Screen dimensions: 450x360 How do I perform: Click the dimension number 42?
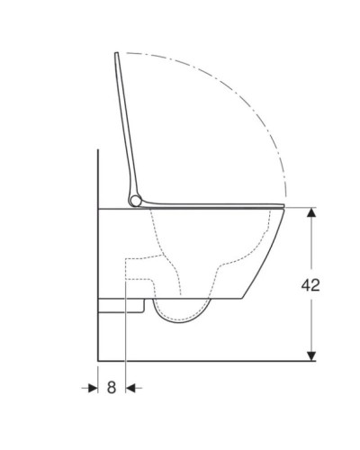[308, 285]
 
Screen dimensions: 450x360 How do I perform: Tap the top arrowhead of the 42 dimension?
[311, 213]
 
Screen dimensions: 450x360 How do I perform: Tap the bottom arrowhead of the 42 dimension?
[311, 354]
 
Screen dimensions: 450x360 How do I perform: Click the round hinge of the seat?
[135, 200]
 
